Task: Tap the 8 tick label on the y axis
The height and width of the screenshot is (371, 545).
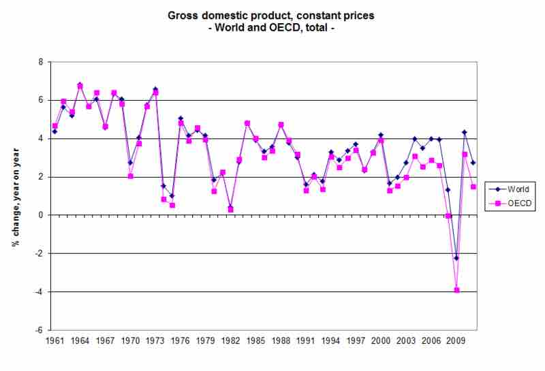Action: pyautogui.click(x=40, y=62)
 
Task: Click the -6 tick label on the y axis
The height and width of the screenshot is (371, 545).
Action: pyautogui.click(x=38, y=330)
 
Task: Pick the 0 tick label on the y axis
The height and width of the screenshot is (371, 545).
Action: pyautogui.click(x=40, y=215)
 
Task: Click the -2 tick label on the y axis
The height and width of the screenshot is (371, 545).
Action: pyautogui.click(x=38, y=253)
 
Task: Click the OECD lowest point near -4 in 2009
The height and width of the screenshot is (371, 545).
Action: pyautogui.click(x=456, y=290)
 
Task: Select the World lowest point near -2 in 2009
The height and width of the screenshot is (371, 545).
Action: pyautogui.click(x=456, y=258)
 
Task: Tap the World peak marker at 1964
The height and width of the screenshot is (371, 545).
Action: pyautogui.click(x=80, y=85)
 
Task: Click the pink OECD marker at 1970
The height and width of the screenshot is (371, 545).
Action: pyautogui.click(x=130, y=176)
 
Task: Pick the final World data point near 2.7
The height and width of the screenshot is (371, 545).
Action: pyautogui.click(x=473, y=163)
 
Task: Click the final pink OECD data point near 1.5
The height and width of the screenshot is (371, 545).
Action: pyautogui.click(x=473, y=187)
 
